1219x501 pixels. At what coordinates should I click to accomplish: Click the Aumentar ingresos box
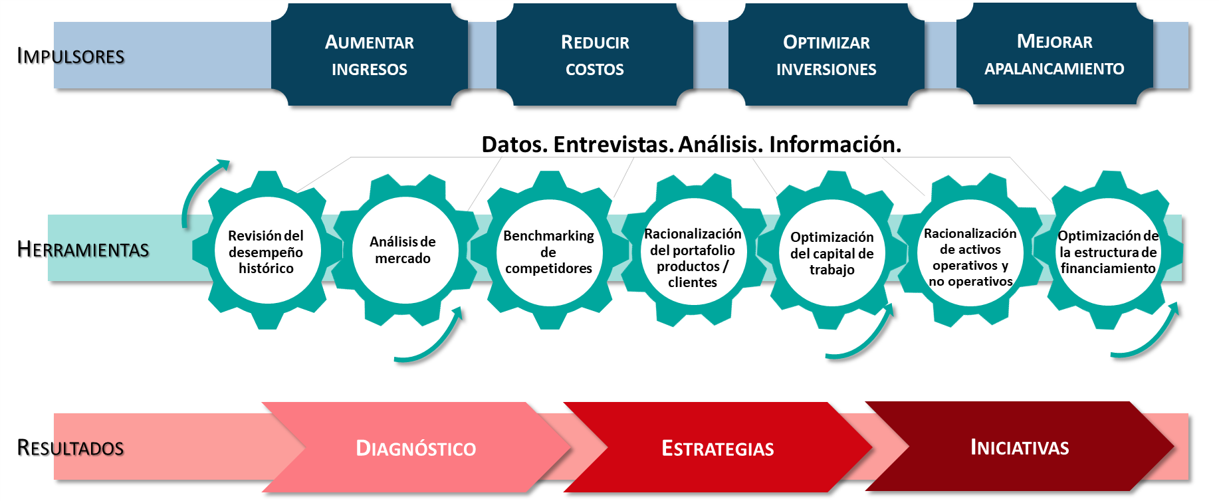click(x=370, y=55)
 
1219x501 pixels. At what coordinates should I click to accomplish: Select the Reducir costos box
click(x=595, y=55)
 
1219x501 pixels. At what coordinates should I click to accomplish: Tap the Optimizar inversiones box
click(x=826, y=55)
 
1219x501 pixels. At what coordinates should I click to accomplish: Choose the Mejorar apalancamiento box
click(x=1054, y=54)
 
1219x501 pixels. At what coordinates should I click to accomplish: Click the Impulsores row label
click(x=70, y=56)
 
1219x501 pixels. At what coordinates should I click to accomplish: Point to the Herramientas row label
click(x=83, y=249)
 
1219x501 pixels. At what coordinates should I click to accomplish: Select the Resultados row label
click(x=70, y=448)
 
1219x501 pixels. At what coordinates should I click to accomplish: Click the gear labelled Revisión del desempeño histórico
click(x=266, y=252)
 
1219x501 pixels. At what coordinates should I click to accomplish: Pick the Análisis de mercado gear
click(x=403, y=250)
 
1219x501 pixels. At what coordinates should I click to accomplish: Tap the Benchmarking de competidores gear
click(x=548, y=252)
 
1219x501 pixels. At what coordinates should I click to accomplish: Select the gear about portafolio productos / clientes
click(x=693, y=258)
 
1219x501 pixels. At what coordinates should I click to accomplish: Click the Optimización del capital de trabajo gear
click(x=831, y=253)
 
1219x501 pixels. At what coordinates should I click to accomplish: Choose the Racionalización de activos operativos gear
click(x=970, y=257)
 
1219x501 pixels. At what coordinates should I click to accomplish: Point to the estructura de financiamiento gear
click(x=1108, y=252)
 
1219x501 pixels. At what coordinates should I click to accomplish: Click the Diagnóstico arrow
click(x=416, y=448)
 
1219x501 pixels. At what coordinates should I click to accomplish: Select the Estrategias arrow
click(x=718, y=448)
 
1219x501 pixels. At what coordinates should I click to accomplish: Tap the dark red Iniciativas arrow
click(x=1020, y=447)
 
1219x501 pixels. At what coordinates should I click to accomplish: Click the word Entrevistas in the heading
click(x=611, y=144)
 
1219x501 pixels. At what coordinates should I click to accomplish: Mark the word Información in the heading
click(x=835, y=144)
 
